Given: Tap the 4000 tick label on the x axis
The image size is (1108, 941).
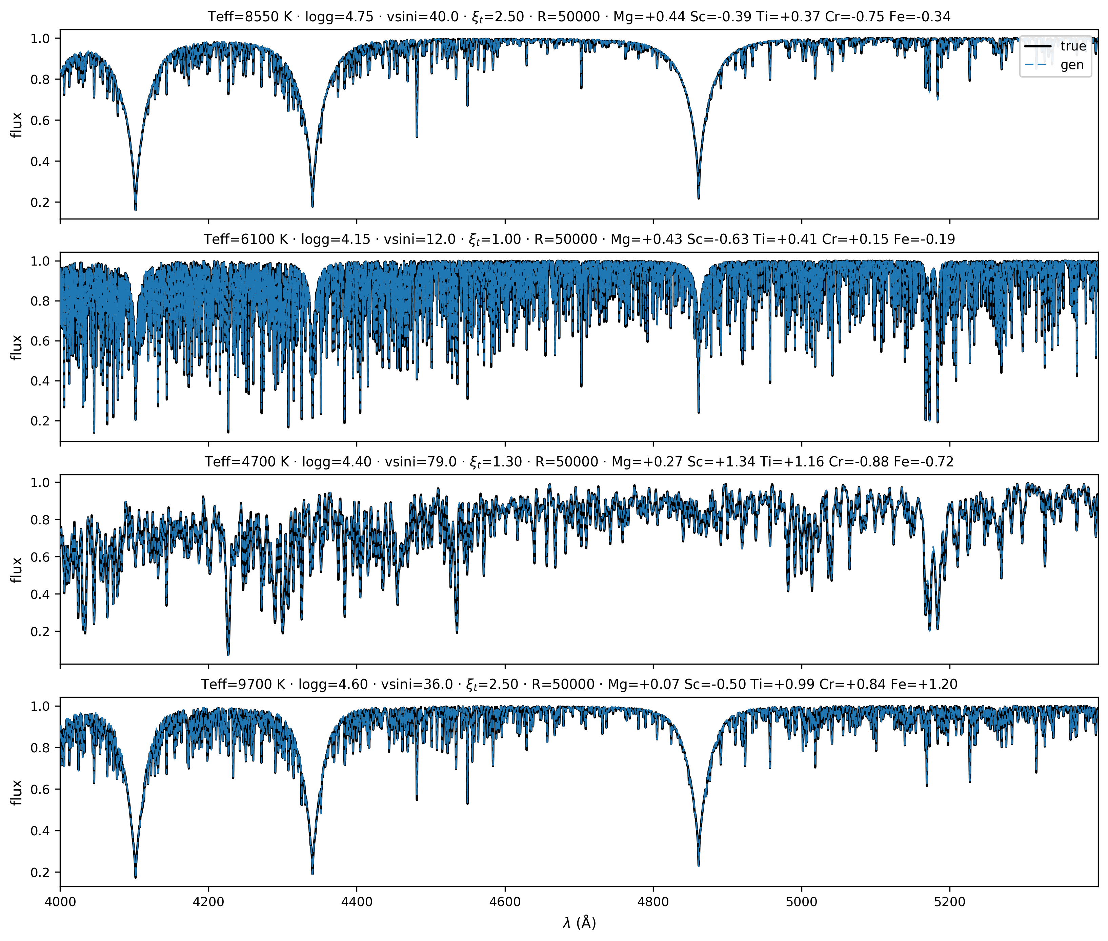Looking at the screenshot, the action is (x=60, y=901).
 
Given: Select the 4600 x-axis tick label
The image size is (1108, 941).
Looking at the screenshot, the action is (x=505, y=901).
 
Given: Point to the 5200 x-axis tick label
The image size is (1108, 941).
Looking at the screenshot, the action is (x=950, y=901).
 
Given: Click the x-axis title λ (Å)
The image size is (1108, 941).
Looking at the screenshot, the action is (x=579, y=923).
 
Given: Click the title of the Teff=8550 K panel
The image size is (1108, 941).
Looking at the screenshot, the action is (x=579, y=17).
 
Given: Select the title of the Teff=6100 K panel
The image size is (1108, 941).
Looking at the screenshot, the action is (x=579, y=239).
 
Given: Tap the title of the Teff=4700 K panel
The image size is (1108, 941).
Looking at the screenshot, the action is (x=579, y=461).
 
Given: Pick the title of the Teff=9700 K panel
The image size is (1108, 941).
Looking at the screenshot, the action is (x=579, y=684).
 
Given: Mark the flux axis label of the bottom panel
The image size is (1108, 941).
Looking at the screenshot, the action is (x=17, y=792).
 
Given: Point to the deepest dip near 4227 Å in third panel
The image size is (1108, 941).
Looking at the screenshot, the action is (x=228, y=654).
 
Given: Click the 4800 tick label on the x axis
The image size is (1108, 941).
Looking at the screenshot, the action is (x=653, y=901).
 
